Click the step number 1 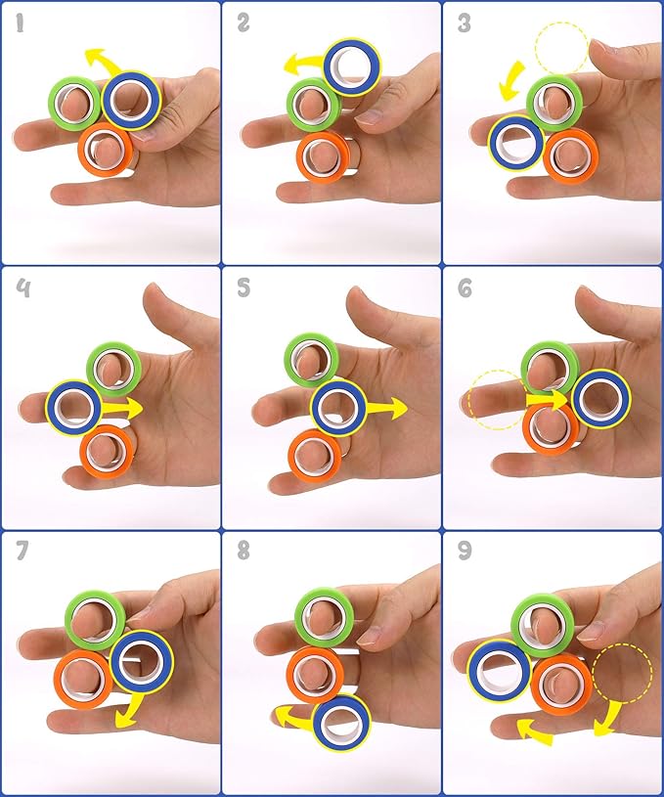[x=21, y=22]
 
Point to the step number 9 [x=465, y=551]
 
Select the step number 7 [x=22, y=551]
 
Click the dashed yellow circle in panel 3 [x=561, y=48]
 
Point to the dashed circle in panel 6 [x=497, y=399]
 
